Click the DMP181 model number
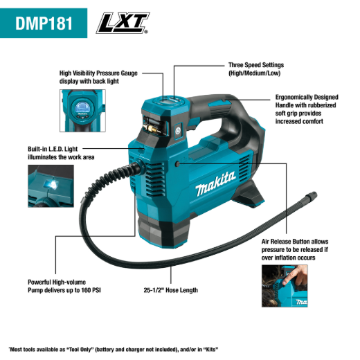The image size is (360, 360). coord(44,23)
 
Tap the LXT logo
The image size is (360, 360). coord(123,23)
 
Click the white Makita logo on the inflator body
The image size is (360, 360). coord(215,183)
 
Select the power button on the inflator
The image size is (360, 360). coord(178,132)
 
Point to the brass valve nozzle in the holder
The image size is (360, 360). coord(150,128)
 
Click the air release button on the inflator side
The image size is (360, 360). coord(177,164)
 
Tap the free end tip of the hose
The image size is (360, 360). coord(314,195)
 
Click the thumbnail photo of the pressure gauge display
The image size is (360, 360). coord(82,111)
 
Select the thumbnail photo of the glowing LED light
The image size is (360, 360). coord(51,186)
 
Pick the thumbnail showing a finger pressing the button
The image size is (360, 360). coord(285,286)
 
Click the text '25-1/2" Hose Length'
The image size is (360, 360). coord(170,290)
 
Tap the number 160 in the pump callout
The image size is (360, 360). coord(87,290)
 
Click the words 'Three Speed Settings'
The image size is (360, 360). coord(256,65)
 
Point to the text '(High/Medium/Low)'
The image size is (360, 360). coord(254,73)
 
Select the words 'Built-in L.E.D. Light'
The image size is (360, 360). coord(53,149)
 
